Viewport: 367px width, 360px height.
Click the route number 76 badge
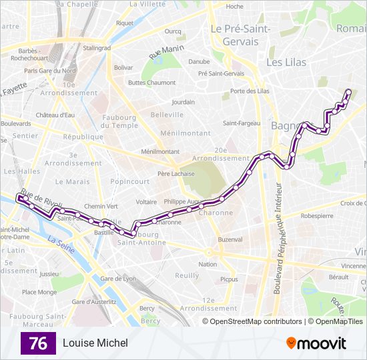(38, 343)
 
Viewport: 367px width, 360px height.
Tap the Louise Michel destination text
(95, 343)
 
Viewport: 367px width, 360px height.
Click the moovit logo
(316, 343)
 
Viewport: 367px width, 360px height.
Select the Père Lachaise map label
(176, 173)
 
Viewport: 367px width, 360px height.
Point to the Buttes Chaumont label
(147, 83)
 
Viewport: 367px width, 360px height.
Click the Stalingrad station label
(97, 48)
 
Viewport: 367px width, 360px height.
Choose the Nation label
(208, 264)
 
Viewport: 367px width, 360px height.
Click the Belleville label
(167, 115)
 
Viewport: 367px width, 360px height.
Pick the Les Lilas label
(286, 62)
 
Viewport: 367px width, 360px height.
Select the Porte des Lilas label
(249, 91)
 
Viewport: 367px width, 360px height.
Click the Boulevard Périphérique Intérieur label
(277, 240)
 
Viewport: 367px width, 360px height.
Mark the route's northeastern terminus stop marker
(348, 92)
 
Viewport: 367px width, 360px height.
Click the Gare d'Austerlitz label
(94, 301)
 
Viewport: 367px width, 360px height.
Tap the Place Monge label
(39, 291)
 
